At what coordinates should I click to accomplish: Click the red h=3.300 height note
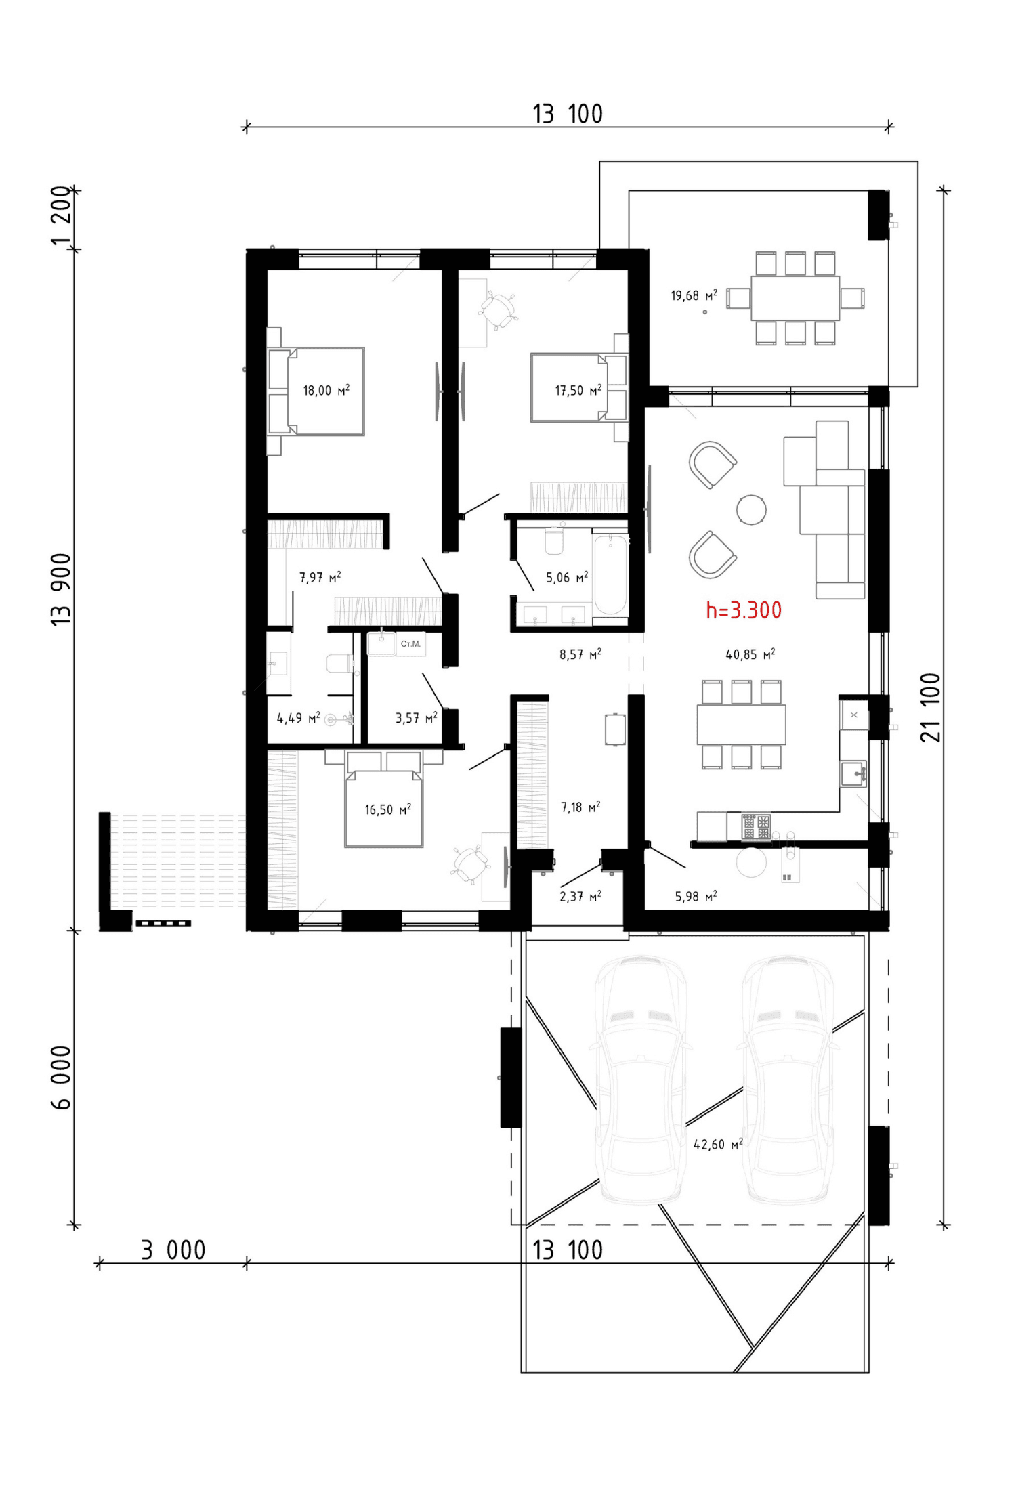point(744,610)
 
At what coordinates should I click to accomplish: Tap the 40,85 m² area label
point(750,654)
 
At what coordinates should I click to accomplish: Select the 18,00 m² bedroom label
point(326,390)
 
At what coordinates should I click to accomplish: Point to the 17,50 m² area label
point(578,390)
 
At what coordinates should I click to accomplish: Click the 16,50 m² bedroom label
point(388,809)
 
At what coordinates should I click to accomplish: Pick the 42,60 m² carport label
point(719,1145)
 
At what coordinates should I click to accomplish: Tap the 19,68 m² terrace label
point(694,295)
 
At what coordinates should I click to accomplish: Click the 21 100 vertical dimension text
point(931,708)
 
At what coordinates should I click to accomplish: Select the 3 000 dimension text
point(173,1251)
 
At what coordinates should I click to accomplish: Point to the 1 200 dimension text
point(61,216)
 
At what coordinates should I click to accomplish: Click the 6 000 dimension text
point(61,1078)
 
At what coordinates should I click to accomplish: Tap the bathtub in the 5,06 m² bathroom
point(610,575)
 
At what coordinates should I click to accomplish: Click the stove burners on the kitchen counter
point(756,826)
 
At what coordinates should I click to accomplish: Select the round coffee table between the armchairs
point(751,509)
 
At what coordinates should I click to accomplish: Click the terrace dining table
point(795,298)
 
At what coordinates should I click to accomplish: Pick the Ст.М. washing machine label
point(410,643)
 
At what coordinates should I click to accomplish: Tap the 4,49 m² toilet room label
point(298,718)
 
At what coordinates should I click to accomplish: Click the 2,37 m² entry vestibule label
point(580,896)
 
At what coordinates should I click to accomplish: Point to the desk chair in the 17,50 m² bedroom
point(499,310)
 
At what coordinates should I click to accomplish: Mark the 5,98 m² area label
point(696,896)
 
